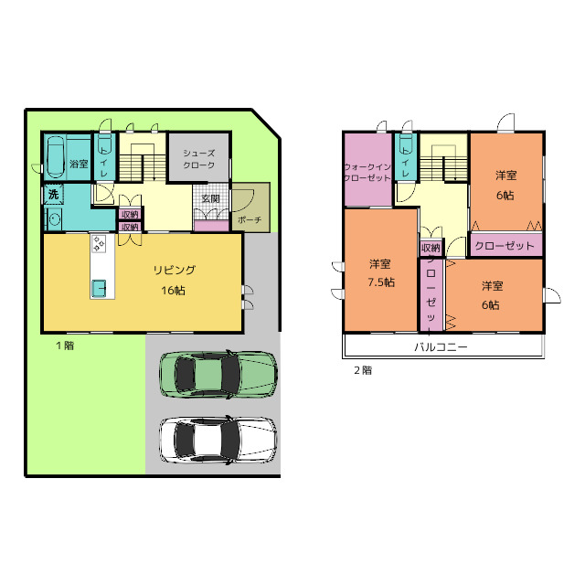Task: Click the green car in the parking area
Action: pyautogui.click(x=218, y=374)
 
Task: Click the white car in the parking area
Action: pyautogui.click(x=218, y=441)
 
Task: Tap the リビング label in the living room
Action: pyautogui.click(x=175, y=270)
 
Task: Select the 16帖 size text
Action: pyautogui.click(x=173, y=290)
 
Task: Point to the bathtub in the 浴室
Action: pyautogui.click(x=56, y=157)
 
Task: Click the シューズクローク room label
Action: pyautogui.click(x=199, y=159)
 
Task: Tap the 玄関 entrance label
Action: pyautogui.click(x=211, y=199)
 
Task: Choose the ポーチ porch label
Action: pyautogui.click(x=250, y=219)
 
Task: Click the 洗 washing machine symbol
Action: pyautogui.click(x=54, y=195)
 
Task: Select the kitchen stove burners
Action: pyautogui.click(x=99, y=243)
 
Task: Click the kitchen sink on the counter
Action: pyautogui.click(x=100, y=288)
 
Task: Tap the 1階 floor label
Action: pyautogui.click(x=65, y=346)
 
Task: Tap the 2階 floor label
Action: pyautogui.click(x=363, y=370)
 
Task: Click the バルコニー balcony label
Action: pyautogui.click(x=441, y=347)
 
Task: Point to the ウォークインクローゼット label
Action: pyautogui.click(x=367, y=172)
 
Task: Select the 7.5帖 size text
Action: pyautogui.click(x=381, y=282)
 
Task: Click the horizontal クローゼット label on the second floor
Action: pyautogui.click(x=505, y=246)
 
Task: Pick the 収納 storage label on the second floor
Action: pyautogui.click(x=431, y=248)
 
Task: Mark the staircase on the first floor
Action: pyautogui.click(x=143, y=163)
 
